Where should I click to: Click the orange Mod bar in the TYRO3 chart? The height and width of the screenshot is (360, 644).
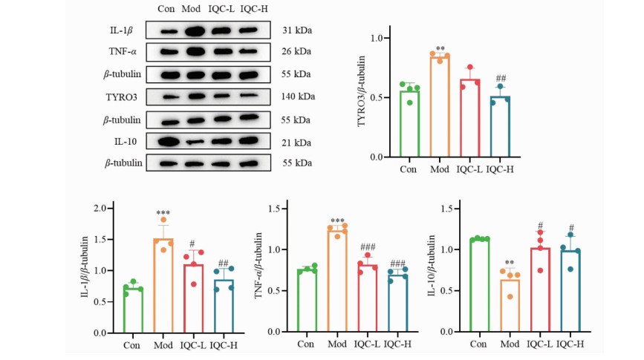(440, 108)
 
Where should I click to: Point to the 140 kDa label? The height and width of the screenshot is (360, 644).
(299, 96)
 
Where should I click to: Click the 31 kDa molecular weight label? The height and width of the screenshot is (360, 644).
(297, 30)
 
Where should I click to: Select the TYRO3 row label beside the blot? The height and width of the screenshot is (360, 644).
(122, 96)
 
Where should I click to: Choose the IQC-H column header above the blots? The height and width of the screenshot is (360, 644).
(254, 9)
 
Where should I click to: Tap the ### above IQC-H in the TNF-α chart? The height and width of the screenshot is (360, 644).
(397, 264)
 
